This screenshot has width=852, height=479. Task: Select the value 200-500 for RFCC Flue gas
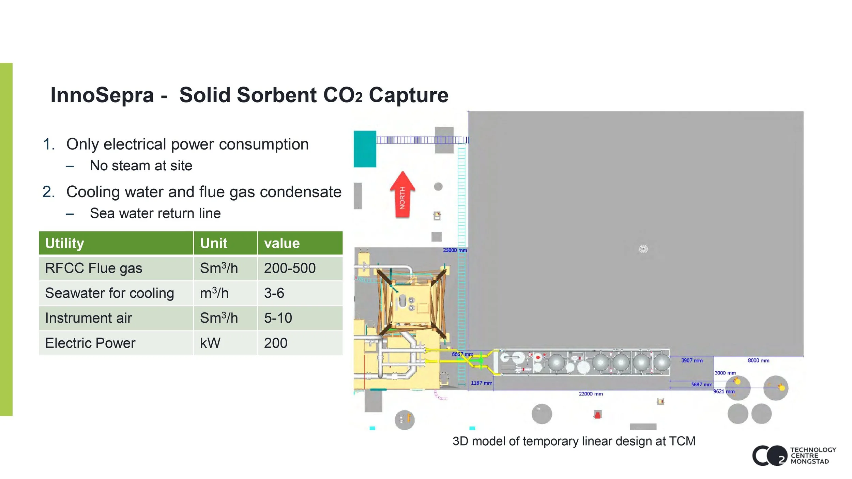(290, 268)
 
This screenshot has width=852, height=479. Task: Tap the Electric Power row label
(90, 343)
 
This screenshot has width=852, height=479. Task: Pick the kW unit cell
(210, 343)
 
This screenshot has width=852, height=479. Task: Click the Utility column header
(65, 243)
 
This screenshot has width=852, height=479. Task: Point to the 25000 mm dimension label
(455, 250)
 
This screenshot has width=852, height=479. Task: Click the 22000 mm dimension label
(591, 394)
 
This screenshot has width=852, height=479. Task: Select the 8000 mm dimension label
(758, 360)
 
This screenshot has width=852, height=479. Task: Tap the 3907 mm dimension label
(692, 360)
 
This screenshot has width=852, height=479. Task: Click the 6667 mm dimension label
(462, 354)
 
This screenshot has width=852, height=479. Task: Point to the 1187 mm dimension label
(481, 383)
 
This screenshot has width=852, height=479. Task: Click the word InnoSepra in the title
(102, 95)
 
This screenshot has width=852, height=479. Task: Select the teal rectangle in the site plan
(365, 149)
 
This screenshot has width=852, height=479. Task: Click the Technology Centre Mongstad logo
(794, 455)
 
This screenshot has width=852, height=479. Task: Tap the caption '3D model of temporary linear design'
(574, 441)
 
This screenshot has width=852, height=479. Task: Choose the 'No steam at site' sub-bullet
(141, 166)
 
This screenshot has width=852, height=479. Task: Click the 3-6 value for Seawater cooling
(274, 293)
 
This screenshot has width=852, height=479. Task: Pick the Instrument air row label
(89, 318)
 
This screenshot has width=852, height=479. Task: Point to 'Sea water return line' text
(155, 214)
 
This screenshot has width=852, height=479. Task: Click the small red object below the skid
(597, 415)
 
